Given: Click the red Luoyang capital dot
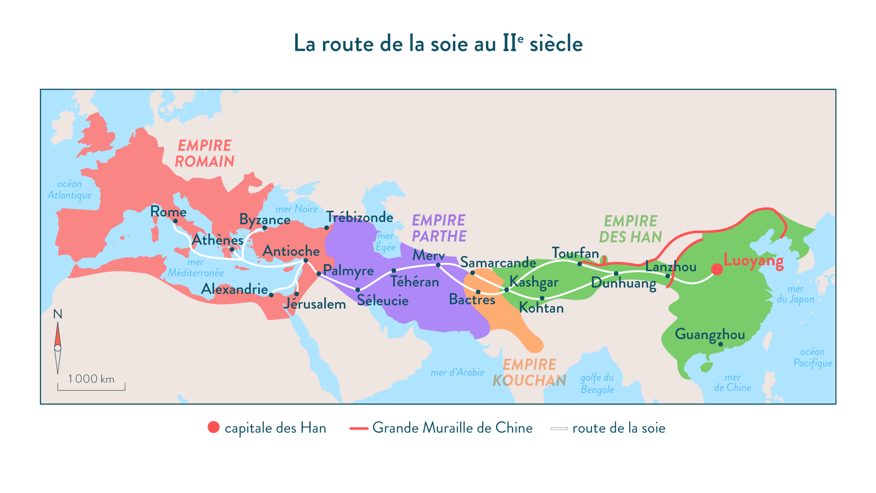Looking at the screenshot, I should (x=717, y=269).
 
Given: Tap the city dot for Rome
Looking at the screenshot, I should (x=175, y=221).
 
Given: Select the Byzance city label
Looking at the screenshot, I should (x=265, y=220).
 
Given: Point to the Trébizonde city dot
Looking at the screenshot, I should (x=327, y=228).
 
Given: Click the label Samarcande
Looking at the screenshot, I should (x=498, y=262).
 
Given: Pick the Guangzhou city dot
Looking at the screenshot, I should (x=720, y=344).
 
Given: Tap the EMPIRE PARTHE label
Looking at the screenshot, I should (x=439, y=228).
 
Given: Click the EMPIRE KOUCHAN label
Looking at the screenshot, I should (x=529, y=372).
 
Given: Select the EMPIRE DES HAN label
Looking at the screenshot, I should (x=631, y=229).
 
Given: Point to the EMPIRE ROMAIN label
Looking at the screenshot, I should (x=204, y=153).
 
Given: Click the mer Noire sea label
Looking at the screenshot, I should (x=297, y=209).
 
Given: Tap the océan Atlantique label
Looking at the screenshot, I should (x=69, y=189).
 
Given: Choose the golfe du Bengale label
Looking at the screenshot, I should (x=597, y=383).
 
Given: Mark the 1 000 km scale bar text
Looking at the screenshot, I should (x=91, y=379).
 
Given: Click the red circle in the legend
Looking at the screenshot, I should (x=214, y=427).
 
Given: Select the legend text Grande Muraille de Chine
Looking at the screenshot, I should (x=452, y=428).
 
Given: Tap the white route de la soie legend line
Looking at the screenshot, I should (x=559, y=429).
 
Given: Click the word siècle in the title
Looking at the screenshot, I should (x=556, y=44).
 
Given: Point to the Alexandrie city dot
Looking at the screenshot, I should (x=271, y=295).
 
